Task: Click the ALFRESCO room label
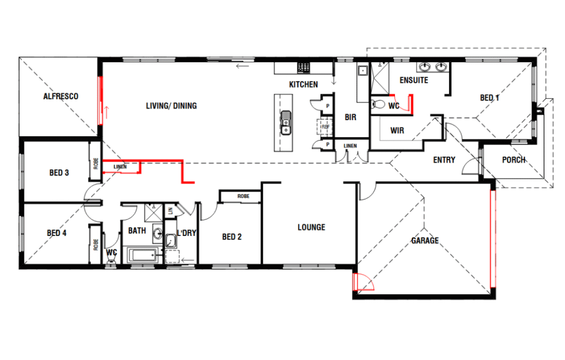[x=61, y=96]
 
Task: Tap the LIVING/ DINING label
[x=171, y=106]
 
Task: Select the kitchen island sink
[x=286, y=123]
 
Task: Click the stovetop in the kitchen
[x=303, y=67]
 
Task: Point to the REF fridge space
[x=325, y=127]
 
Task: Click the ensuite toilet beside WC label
[x=378, y=104]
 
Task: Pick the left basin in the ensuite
[x=425, y=67]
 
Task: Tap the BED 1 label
[x=489, y=98]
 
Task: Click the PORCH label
[x=514, y=160]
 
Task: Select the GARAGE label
[x=425, y=240]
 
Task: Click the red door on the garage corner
[x=363, y=282]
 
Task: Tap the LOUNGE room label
[x=311, y=228]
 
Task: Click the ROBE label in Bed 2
[x=243, y=196]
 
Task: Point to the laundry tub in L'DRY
[x=171, y=240]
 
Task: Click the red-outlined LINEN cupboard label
[x=120, y=167]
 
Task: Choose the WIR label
[x=397, y=130]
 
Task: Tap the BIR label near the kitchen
[x=350, y=117]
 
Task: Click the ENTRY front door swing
[x=471, y=166]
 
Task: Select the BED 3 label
[x=59, y=173]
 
